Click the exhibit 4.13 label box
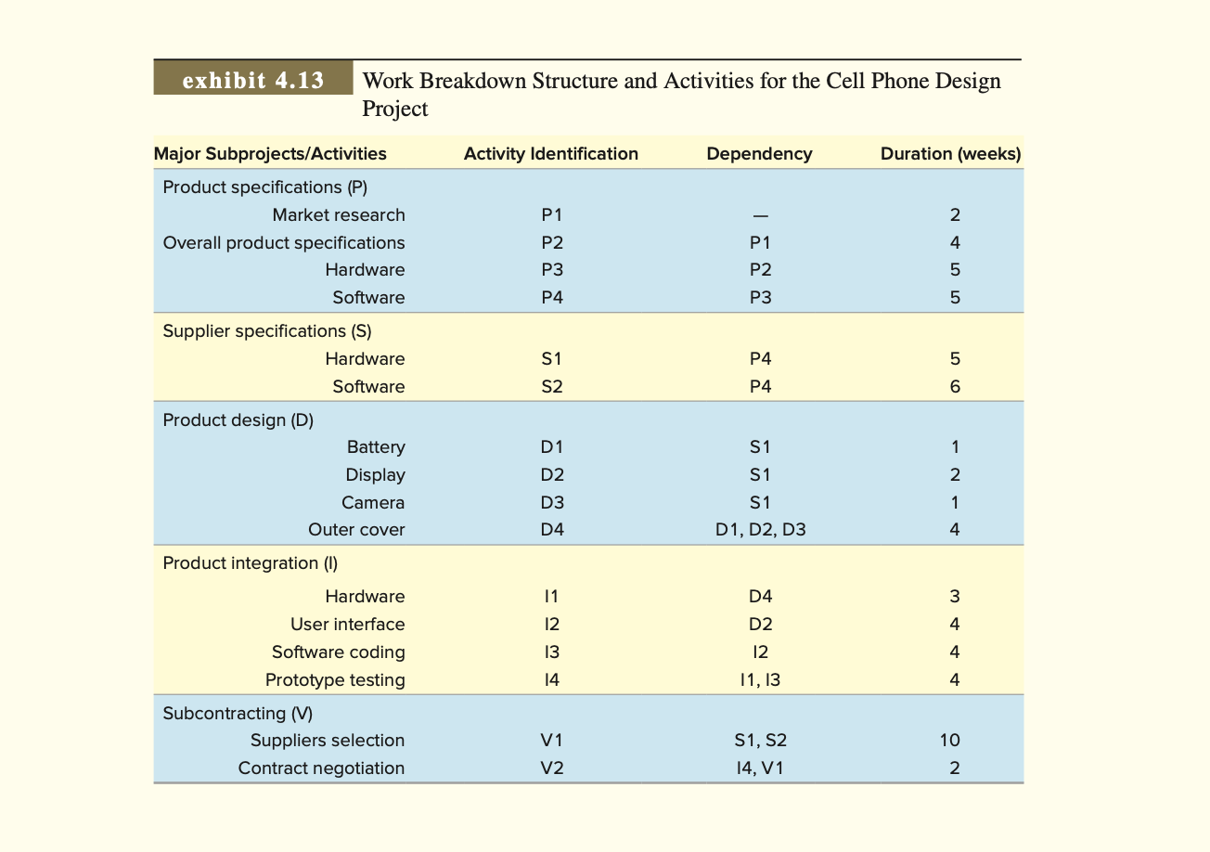(x=253, y=80)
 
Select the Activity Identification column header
(x=551, y=154)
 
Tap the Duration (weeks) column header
(x=950, y=154)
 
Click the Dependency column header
(x=759, y=154)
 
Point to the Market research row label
(x=339, y=215)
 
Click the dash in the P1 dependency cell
(x=760, y=215)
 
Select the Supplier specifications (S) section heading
(x=267, y=331)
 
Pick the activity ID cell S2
(x=552, y=387)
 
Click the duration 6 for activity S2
(x=955, y=387)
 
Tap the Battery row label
(x=376, y=447)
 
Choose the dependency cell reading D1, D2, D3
(x=760, y=531)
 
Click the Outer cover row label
(x=356, y=531)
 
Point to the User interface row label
(x=347, y=625)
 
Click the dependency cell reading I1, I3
(x=760, y=680)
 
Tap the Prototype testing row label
(x=335, y=680)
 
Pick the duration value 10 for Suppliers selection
(x=949, y=741)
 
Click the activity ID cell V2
(x=552, y=768)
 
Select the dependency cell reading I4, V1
(x=760, y=768)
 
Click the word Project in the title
(x=395, y=109)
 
